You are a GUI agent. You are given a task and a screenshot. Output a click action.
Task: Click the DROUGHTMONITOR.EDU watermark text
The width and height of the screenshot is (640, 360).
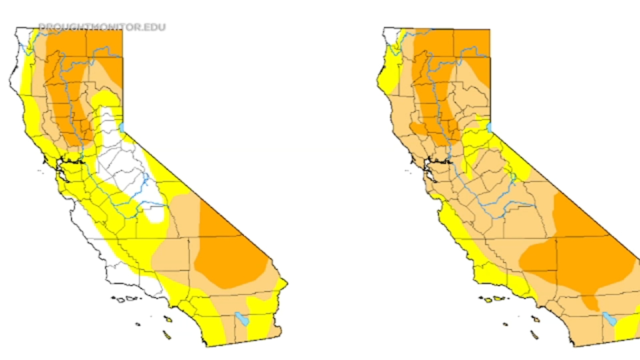(102, 27)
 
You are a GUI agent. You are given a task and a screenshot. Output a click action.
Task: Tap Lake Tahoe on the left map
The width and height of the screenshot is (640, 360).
(122, 128)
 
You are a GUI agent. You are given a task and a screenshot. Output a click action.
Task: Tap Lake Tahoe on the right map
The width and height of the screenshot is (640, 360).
(489, 128)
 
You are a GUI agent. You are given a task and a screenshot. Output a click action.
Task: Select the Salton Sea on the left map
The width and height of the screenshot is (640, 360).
(242, 319)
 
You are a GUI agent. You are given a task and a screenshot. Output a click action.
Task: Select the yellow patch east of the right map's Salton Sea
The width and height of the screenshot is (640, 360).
(628, 326)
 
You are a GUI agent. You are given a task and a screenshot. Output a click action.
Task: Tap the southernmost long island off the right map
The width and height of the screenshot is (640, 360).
(534, 334)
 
